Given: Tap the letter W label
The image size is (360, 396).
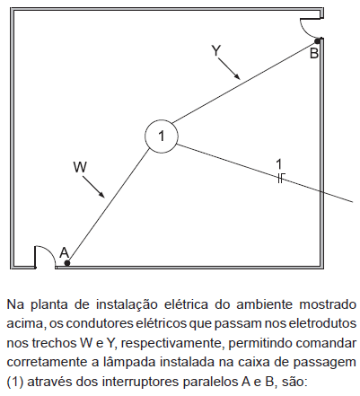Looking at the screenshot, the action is [x=80, y=167].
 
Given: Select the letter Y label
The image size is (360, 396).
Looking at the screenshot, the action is [x=215, y=50].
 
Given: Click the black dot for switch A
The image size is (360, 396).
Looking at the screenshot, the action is [x=67, y=263].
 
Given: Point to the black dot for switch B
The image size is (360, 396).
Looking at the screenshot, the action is [x=317, y=40].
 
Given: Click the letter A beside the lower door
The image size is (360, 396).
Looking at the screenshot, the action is [x=64, y=252].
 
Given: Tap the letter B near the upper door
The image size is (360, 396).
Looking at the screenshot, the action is [x=314, y=54].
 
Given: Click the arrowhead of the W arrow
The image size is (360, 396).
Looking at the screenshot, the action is [x=102, y=195].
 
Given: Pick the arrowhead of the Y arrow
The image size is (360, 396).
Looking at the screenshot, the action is [x=237, y=77].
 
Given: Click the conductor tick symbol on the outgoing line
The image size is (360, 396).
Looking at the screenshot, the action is [x=280, y=178].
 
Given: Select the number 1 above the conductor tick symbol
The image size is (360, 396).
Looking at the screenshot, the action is [x=278, y=164].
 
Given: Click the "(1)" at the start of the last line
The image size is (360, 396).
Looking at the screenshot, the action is [x=14, y=382].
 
